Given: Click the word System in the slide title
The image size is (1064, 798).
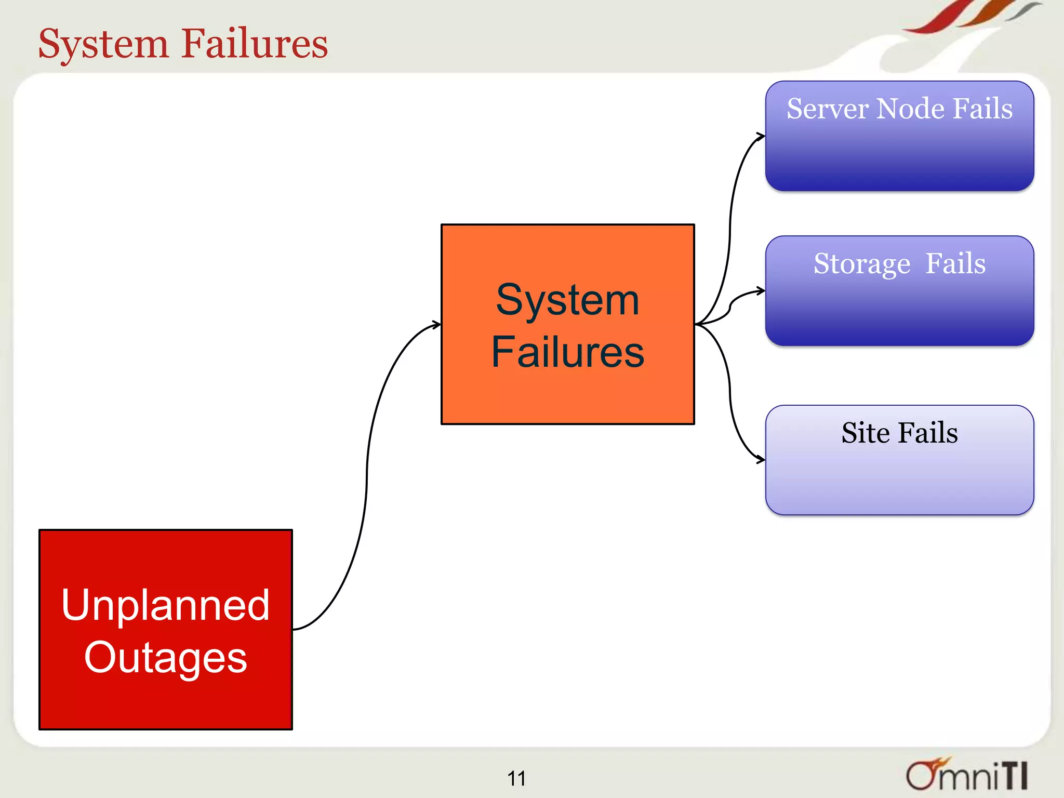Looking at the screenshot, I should pyautogui.click(x=103, y=45).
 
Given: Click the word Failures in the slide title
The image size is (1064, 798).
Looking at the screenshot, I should pyautogui.click(x=255, y=44).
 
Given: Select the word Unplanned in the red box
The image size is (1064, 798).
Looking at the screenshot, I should pyautogui.click(x=165, y=605).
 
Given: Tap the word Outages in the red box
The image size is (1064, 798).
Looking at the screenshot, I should pyautogui.click(x=165, y=658).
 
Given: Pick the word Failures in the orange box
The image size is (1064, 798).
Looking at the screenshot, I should pyautogui.click(x=567, y=352).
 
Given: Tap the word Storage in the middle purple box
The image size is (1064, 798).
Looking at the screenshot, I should pyautogui.click(x=861, y=264).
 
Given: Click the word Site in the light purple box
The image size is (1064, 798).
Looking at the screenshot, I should pyautogui.click(x=866, y=433).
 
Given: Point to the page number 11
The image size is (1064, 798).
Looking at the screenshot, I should pyautogui.click(x=516, y=778).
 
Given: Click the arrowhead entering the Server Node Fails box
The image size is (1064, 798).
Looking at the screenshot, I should pyautogui.click(x=761, y=137).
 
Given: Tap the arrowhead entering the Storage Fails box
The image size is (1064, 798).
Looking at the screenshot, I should pyautogui.click(x=761, y=291).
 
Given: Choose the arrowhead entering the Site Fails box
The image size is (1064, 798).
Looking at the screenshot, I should pyautogui.click(x=761, y=460).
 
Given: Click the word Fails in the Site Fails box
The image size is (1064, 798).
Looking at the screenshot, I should pyautogui.click(x=928, y=433).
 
